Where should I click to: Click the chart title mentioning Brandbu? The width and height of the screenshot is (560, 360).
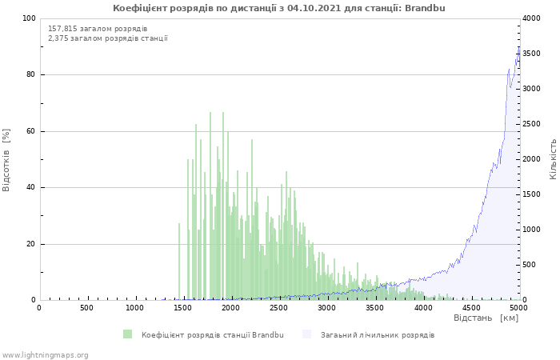click(x=279, y=8)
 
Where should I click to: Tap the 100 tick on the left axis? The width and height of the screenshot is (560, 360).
click(x=30, y=18)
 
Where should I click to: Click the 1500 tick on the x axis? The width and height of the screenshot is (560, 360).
click(x=183, y=308)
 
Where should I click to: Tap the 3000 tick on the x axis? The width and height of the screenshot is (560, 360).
click(x=327, y=308)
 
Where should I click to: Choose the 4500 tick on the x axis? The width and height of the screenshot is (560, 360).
click(x=471, y=308)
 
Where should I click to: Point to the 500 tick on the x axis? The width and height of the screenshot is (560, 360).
click(x=87, y=308)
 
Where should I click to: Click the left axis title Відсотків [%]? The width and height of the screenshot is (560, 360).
click(x=6, y=159)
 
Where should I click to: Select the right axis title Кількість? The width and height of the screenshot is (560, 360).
click(x=553, y=158)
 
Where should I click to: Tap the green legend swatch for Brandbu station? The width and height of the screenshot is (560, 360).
click(x=128, y=334)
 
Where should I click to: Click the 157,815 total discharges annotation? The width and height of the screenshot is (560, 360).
click(x=98, y=28)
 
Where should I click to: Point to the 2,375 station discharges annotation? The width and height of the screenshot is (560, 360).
click(x=108, y=38)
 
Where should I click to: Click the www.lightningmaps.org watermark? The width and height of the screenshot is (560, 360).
click(x=46, y=354)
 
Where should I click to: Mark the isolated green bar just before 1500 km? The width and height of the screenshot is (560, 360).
click(x=179, y=262)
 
